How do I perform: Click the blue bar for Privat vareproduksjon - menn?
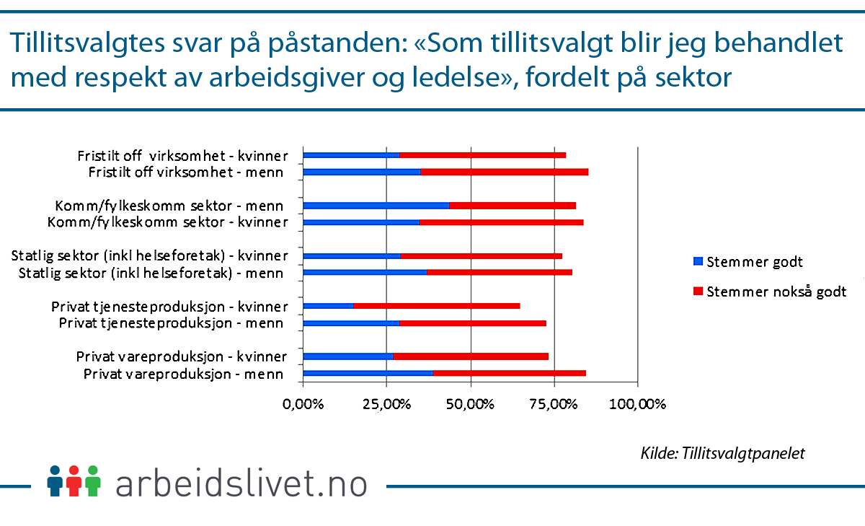(x=368, y=373)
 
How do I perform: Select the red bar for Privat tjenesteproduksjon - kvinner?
(x=436, y=306)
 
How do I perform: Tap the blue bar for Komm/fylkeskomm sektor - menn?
(x=376, y=206)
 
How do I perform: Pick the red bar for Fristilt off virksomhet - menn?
(x=504, y=172)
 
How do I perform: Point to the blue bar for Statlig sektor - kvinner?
(x=352, y=256)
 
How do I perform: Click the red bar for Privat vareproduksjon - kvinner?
(x=471, y=356)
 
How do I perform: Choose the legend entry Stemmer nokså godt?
(x=768, y=292)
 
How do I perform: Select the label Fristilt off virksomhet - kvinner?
(x=183, y=156)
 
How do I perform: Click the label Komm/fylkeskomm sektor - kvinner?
(x=168, y=222)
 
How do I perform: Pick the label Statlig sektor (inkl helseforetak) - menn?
(x=151, y=273)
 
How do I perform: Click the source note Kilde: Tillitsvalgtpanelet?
(x=722, y=453)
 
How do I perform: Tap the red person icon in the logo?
(x=74, y=481)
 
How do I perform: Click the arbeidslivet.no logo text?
(x=241, y=482)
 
